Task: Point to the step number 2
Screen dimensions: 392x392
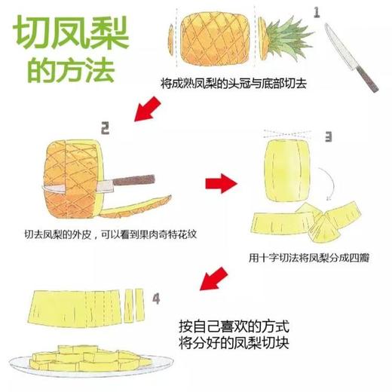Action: [x=106, y=128]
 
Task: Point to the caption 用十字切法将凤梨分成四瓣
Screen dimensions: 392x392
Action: [x=309, y=256]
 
